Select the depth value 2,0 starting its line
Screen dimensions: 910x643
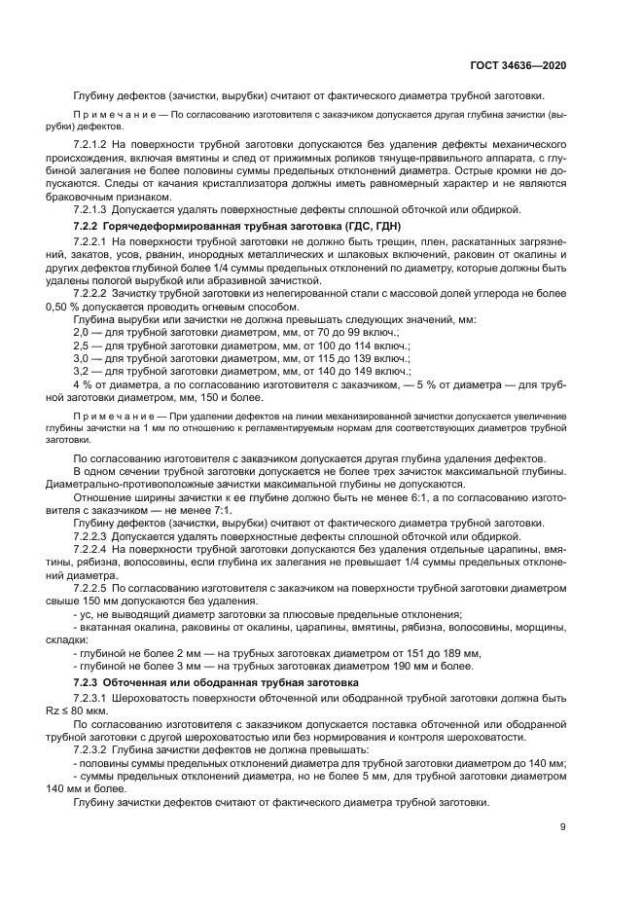pos(81,332)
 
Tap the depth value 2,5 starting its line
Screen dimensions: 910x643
pos(81,346)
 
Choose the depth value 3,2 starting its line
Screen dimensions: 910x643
pos(81,372)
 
